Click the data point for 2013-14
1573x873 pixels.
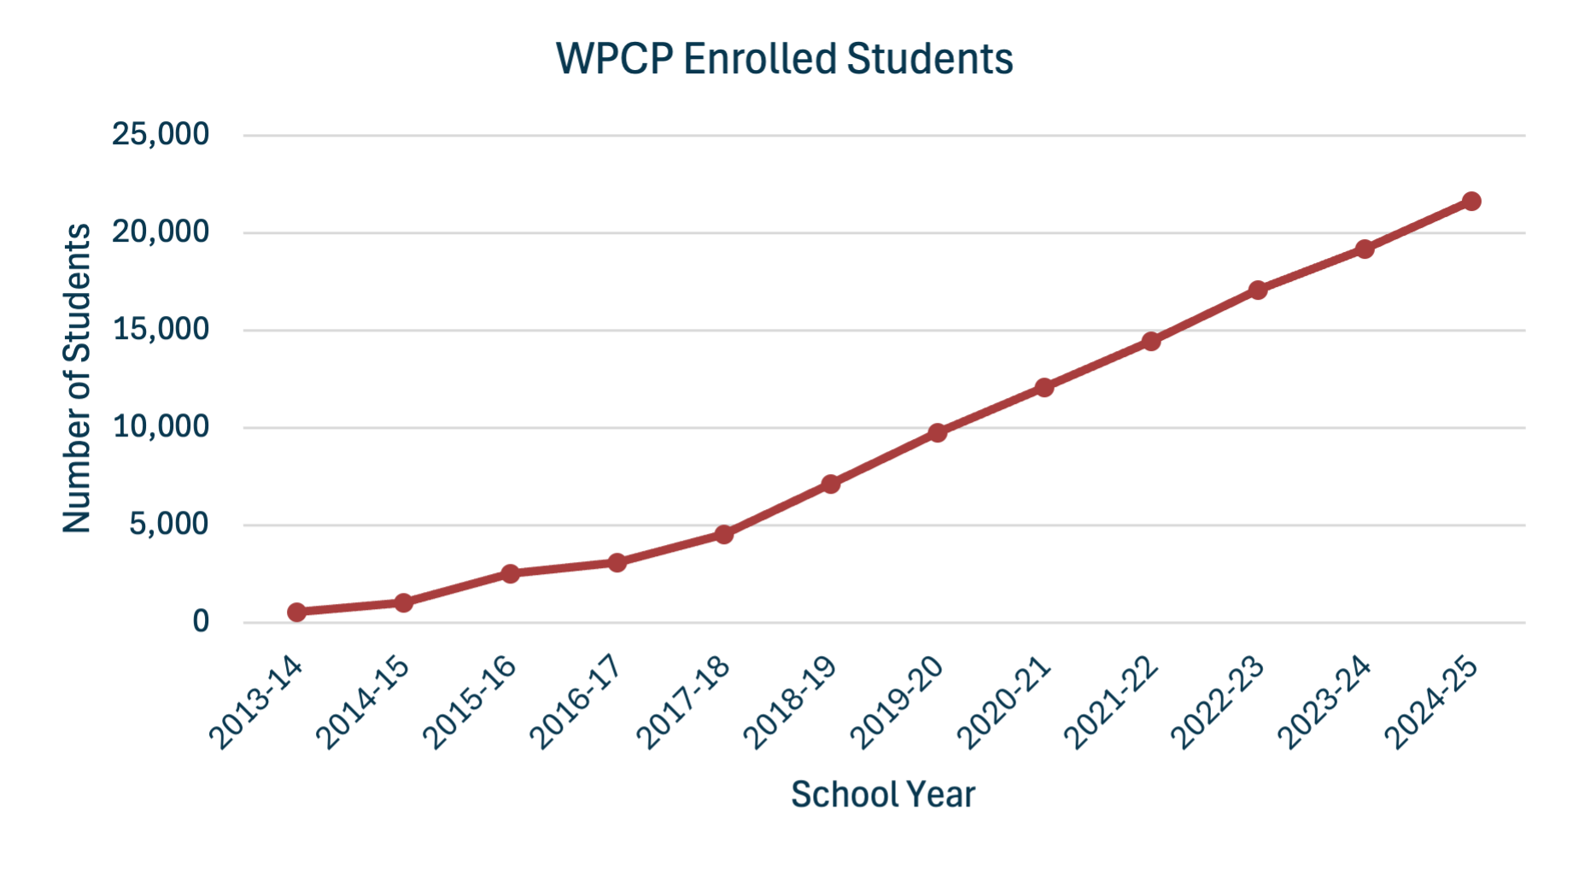(296, 612)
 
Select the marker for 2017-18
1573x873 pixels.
(723, 535)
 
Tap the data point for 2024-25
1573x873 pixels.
(1471, 202)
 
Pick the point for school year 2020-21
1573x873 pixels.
(1044, 388)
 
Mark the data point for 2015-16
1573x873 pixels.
(510, 573)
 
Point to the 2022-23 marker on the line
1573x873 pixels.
(1257, 290)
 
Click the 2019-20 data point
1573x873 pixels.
(937, 433)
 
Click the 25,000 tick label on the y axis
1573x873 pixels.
(161, 134)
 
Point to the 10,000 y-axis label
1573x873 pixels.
(161, 427)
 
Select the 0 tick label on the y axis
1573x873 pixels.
(201, 622)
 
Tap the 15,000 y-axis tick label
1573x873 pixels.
(161, 330)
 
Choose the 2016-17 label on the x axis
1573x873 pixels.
(575, 703)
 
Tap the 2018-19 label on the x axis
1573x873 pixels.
(788, 703)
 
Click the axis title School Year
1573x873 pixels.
(883, 794)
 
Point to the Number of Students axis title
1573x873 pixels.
(77, 378)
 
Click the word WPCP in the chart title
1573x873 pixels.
(613, 59)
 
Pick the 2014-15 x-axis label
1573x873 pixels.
(361, 703)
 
